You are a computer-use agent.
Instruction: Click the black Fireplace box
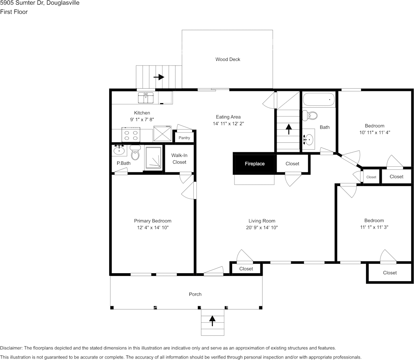pyautogui.click(x=254, y=164)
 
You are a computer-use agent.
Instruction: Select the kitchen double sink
pyautogui.click(x=145, y=97)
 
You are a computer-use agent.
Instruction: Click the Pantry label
pyautogui.click(x=184, y=138)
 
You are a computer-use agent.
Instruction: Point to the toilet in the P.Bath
pyautogui.click(x=135, y=153)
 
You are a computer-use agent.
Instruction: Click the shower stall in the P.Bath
pyautogui.click(x=153, y=158)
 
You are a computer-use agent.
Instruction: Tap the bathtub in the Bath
pyautogui.click(x=319, y=100)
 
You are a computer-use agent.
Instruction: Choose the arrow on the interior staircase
pyautogui.click(x=288, y=129)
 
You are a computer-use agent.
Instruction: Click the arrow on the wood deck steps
pyautogui.click(x=159, y=77)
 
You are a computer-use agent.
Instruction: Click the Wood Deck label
pyautogui.click(x=228, y=59)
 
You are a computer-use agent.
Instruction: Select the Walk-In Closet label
pyautogui.click(x=179, y=159)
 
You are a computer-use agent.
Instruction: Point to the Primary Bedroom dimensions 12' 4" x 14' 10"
pyautogui.click(x=153, y=228)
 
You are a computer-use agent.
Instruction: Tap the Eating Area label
pyautogui.click(x=228, y=117)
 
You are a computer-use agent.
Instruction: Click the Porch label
pyautogui.click(x=195, y=294)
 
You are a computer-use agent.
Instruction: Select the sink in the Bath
pyautogui.click(x=309, y=140)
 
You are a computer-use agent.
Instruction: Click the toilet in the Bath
pyautogui.click(x=312, y=115)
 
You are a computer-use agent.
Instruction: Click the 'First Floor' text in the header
pyautogui.click(x=14, y=12)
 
